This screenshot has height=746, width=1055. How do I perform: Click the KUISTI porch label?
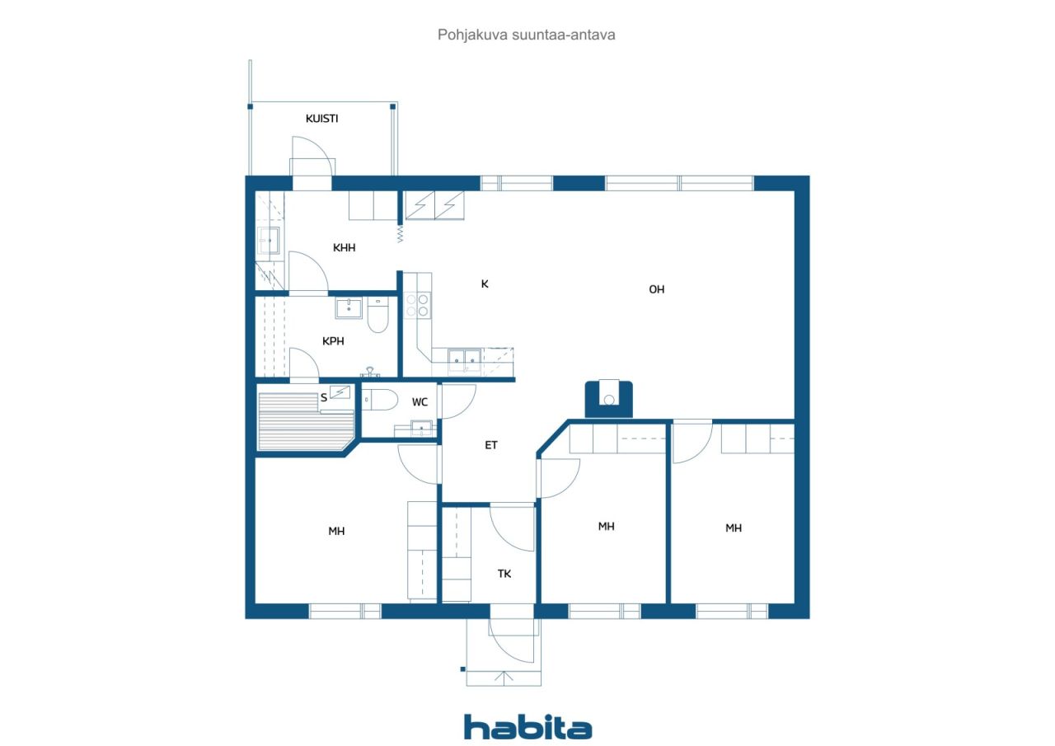point(321,118)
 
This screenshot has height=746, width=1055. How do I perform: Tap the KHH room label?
point(344,248)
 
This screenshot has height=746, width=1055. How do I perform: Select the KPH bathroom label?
point(333,341)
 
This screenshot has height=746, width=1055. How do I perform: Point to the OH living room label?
point(657,289)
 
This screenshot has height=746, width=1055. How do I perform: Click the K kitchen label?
point(485,284)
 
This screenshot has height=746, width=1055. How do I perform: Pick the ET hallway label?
point(490,445)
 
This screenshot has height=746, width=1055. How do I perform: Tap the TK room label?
point(504,574)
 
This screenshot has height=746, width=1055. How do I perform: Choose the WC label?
point(420,402)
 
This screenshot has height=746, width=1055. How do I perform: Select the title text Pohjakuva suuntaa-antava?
point(526,35)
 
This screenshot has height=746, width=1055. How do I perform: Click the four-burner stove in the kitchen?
point(417,305)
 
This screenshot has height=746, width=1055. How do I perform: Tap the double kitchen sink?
point(464,361)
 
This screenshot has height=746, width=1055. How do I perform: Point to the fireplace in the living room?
point(608,399)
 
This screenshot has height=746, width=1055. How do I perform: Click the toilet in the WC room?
point(380,399)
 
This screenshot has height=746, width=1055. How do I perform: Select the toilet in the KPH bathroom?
point(377,315)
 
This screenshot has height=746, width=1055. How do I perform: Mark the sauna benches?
point(306,421)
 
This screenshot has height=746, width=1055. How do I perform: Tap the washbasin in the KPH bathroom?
point(349,308)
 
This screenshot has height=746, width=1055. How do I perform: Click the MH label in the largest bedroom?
point(336,531)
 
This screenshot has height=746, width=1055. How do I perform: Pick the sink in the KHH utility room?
point(269,240)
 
